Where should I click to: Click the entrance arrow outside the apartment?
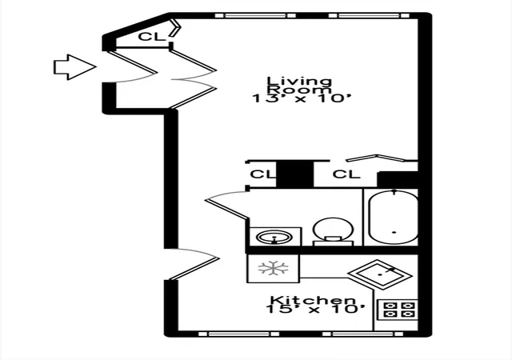74,67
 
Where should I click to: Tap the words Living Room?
299,85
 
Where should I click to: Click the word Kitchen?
313,299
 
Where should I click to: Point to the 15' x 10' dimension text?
314,309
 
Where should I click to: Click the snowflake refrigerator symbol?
274,269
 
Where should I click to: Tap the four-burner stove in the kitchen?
398,310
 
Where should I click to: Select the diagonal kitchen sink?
380,274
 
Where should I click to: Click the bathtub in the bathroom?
394,217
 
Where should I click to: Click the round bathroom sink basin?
274,237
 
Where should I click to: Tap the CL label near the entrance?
152,37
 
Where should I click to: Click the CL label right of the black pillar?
346,174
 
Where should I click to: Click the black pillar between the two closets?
295,174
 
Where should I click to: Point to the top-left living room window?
255,15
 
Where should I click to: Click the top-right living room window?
369,15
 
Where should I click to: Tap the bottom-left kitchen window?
238,334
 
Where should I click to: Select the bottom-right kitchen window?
362,334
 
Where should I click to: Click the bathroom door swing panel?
226,209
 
